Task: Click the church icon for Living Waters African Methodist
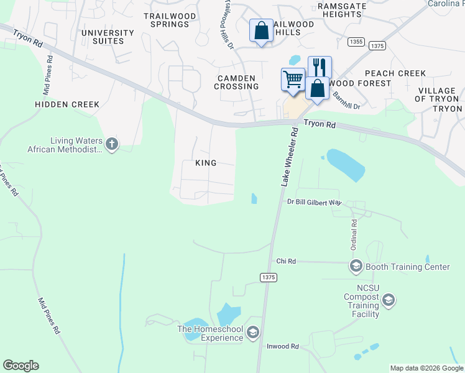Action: click(112, 144)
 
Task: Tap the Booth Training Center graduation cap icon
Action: click(356, 267)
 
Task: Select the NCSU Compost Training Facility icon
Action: click(389, 302)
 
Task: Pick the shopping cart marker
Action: click(292, 79)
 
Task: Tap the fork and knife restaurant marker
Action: click(320, 66)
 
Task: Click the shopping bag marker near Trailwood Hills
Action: click(261, 30)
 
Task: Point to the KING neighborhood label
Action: click(206, 163)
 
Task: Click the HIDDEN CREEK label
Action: click(67, 104)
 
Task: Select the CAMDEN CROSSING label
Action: click(236, 82)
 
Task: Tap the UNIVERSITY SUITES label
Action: click(108, 37)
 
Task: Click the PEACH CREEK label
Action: click(395, 73)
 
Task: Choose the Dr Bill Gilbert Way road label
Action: click(315, 202)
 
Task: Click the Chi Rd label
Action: click(285, 262)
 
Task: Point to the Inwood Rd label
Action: click(283, 346)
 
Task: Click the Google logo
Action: click(21, 366)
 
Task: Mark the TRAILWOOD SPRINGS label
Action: click(166, 20)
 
